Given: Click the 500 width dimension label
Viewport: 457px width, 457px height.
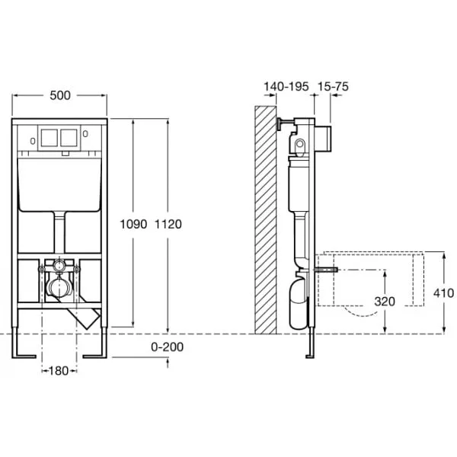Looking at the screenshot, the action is [x=60, y=96].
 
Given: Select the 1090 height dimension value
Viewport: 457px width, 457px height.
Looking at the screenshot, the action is [x=133, y=224].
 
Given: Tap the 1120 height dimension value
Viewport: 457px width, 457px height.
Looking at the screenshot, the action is [x=168, y=224].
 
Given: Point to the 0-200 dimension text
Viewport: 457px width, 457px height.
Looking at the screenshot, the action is [x=168, y=347].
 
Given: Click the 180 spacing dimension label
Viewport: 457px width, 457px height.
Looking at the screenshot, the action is [x=59, y=371].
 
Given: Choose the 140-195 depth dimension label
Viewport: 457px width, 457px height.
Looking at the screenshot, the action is [x=286, y=87].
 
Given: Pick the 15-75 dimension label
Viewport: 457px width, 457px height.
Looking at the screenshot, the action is [x=333, y=87].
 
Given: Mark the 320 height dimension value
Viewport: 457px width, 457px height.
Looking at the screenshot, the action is [x=385, y=302].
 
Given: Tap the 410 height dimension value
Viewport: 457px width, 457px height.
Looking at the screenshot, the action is [x=443, y=293].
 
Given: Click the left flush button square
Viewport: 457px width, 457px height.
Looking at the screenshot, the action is [x=50, y=138].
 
